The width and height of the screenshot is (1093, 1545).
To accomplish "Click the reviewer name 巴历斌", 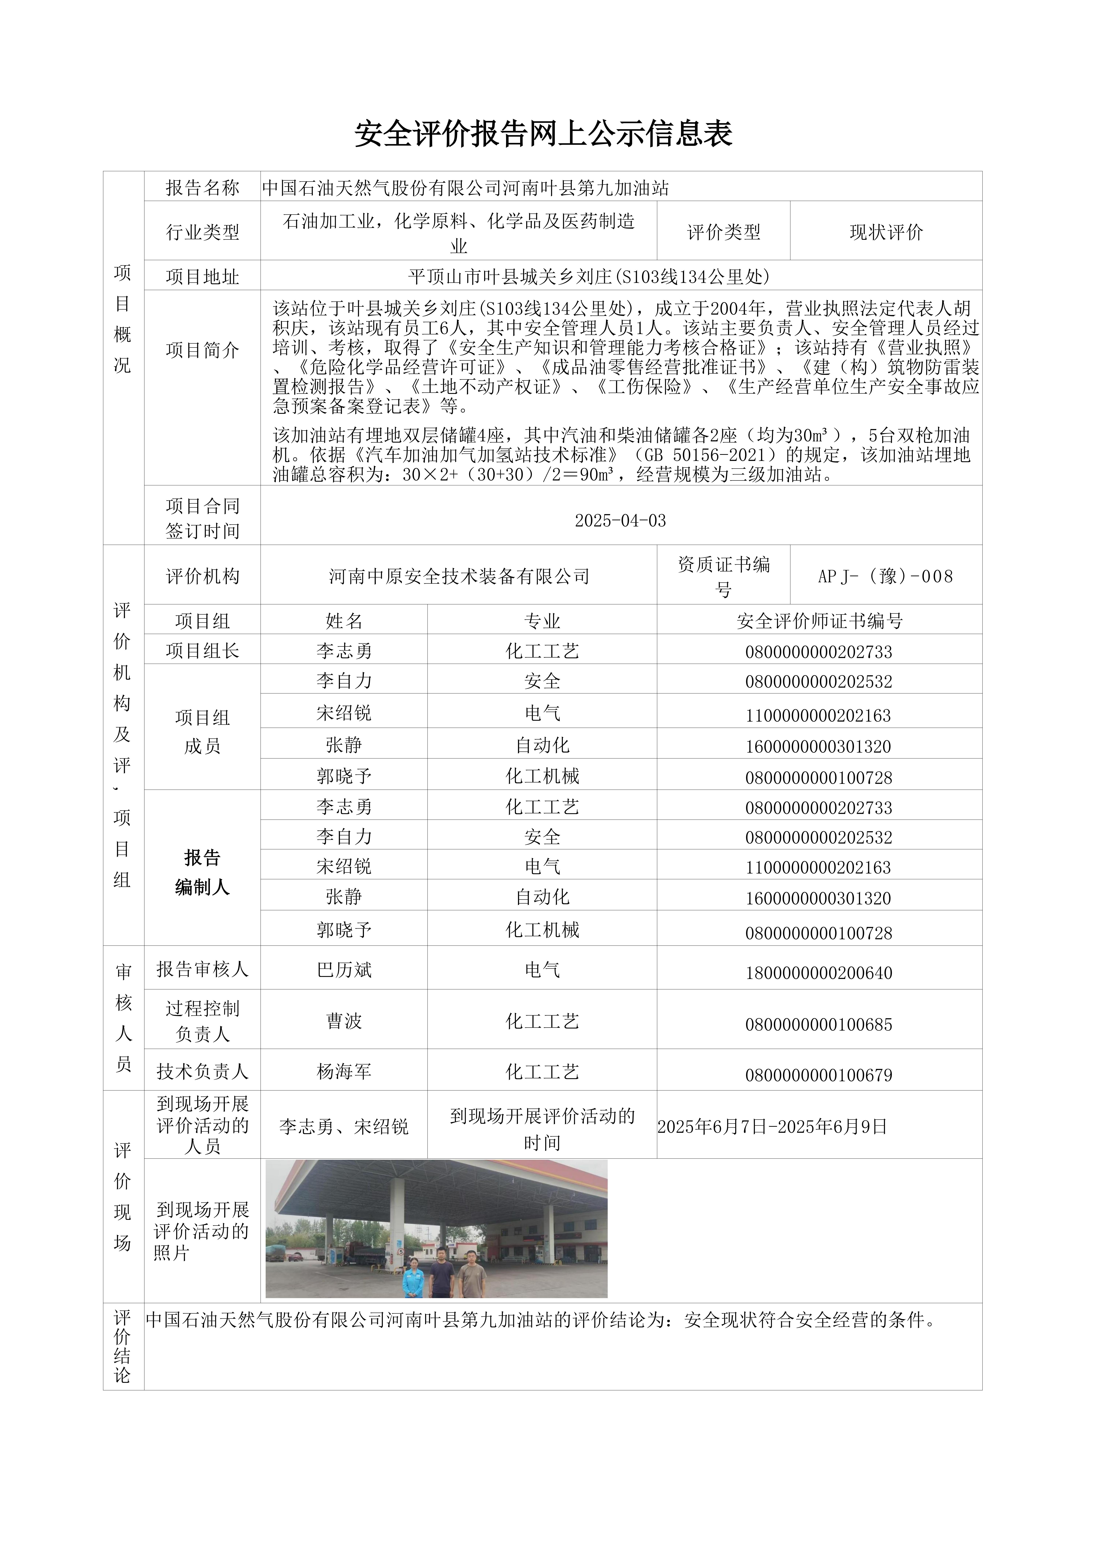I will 344,970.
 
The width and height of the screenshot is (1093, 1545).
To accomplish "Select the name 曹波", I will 344,1021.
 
